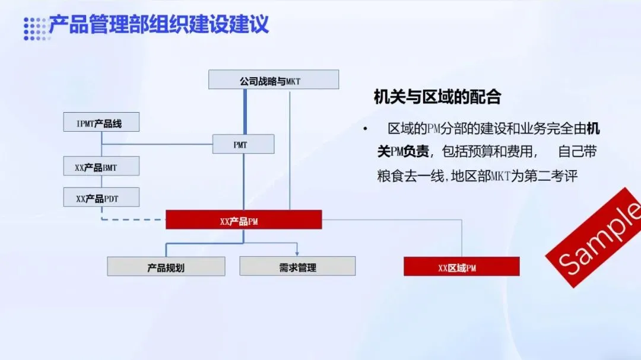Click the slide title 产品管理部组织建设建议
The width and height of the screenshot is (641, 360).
click(158, 25)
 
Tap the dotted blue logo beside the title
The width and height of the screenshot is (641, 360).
click(34, 28)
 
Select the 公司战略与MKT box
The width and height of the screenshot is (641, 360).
click(274, 79)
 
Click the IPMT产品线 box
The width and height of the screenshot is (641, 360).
click(101, 122)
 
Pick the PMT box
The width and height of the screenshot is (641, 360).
click(243, 144)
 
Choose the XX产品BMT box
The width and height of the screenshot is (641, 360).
click(101, 167)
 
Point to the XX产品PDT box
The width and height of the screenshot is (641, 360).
click(101, 197)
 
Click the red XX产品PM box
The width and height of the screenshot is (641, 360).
click(243, 220)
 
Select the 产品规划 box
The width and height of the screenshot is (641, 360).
click(166, 267)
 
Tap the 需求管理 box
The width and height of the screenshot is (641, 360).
click(297, 266)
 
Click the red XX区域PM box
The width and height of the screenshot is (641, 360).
click(462, 267)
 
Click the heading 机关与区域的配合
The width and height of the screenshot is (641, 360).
click(437, 97)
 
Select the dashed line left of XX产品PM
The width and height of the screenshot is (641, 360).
click(133, 219)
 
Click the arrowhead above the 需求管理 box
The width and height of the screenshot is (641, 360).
click(297, 253)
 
